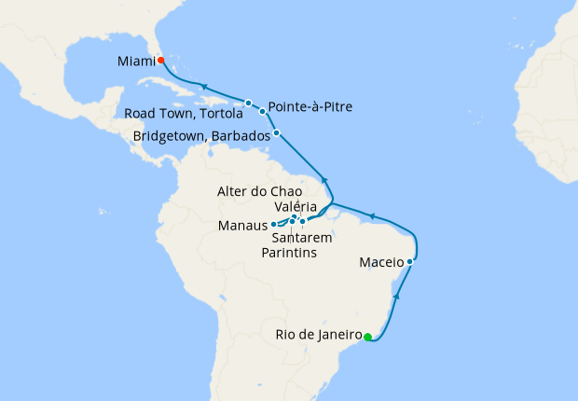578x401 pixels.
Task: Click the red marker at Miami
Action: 160,60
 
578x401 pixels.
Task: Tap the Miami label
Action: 136,62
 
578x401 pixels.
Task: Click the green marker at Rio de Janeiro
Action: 367,337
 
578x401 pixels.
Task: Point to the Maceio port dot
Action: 410,262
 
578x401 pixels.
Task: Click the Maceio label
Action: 381,263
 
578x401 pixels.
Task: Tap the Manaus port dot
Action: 273,225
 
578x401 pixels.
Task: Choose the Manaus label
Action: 242,226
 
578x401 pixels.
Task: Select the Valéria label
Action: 297,206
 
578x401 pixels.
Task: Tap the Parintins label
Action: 289,253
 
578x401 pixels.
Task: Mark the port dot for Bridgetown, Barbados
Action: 276,133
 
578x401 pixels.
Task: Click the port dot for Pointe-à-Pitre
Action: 263,111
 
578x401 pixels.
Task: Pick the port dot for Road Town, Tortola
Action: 249,103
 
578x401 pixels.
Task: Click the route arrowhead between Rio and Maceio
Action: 398,296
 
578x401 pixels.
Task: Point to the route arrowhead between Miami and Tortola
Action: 202,88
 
